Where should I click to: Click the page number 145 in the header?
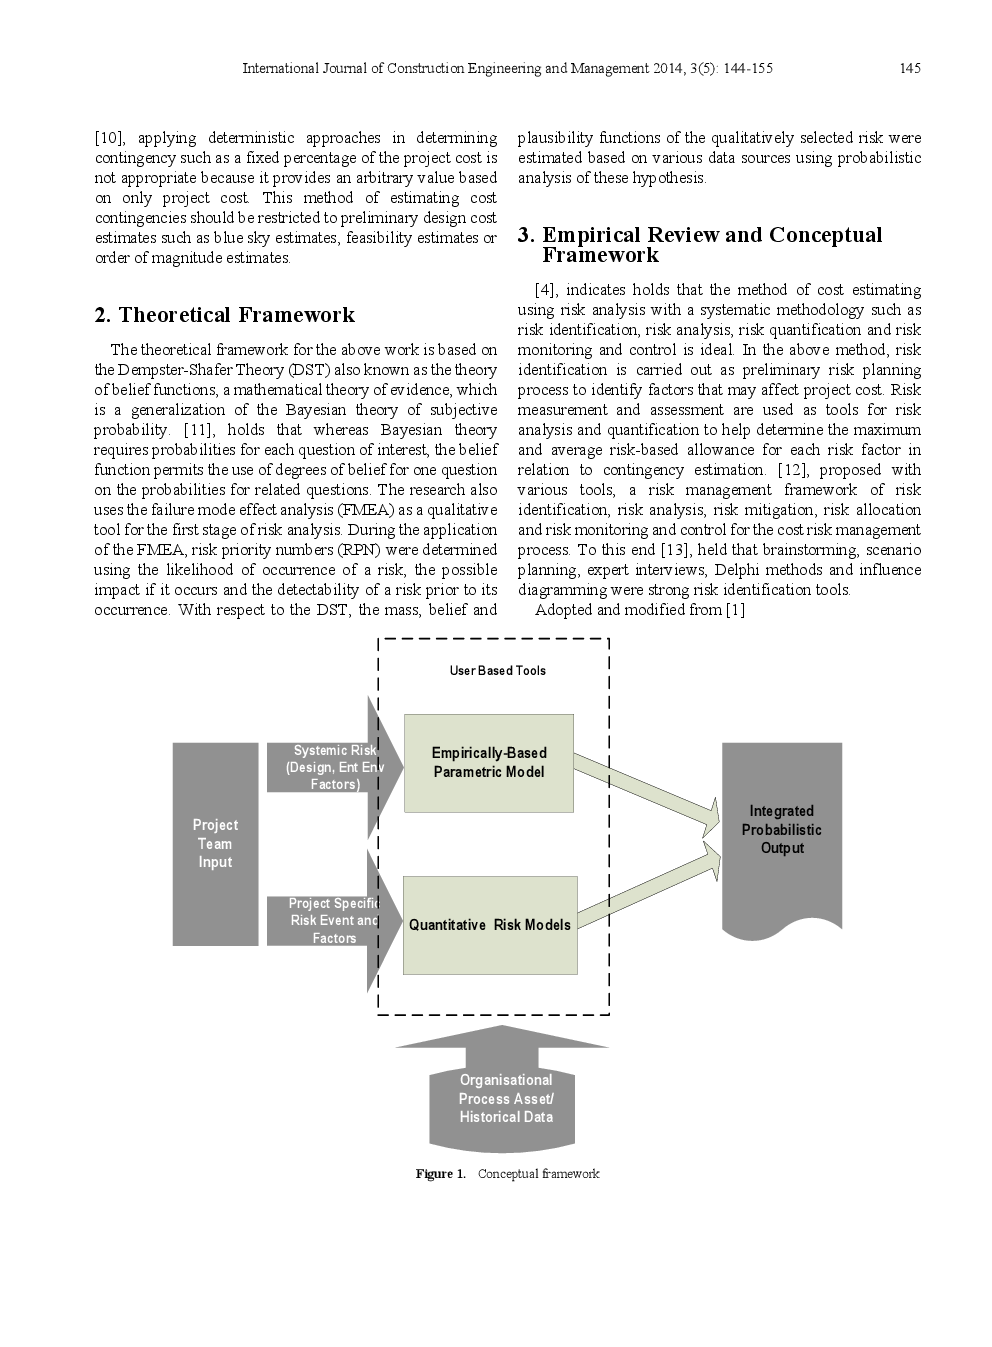click(x=909, y=69)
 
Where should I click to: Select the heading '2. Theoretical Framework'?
click(x=224, y=315)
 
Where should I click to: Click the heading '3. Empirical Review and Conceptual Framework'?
click(x=699, y=245)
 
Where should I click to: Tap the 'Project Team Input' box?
click(x=215, y=843)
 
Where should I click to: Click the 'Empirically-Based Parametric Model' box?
click(x=489, y=762)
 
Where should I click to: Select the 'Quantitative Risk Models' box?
click(x=490, y=925)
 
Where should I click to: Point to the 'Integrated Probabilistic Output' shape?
click(x=781, y=830)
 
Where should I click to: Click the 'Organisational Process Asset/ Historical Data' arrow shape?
click(x=505, y=1098)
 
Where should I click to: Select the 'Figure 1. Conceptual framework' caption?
click(x=507, y=1174)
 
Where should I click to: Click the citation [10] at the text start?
click(x=108, y=138)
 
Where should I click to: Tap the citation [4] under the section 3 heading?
click(x=545, y=290)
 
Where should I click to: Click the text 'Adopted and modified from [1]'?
click(x=640, y=610)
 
